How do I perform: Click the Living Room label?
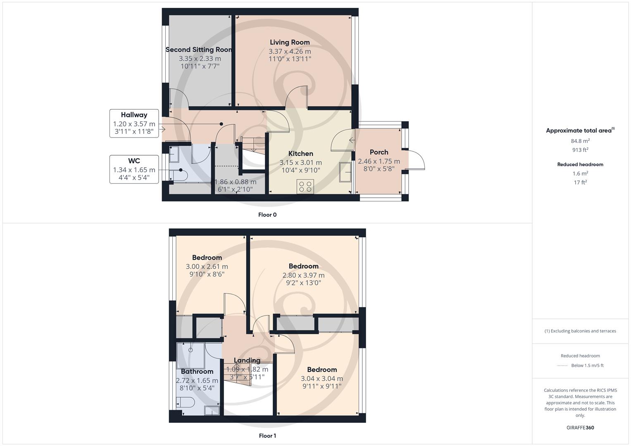(290, 42)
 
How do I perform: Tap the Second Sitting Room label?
(199, 50)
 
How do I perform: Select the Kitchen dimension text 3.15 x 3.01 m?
(300, 162)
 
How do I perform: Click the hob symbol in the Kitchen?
(305, 187)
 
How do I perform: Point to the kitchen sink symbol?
(345, 172)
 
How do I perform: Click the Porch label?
(379, 152)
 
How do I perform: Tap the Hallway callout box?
(134, 123)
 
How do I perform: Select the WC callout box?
(134, 169)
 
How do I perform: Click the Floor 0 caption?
(267, 215)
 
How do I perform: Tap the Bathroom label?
(197, 371)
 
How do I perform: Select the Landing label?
(247, 360)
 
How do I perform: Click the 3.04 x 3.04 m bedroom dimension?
(321, 378)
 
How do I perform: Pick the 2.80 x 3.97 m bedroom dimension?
(303, 275)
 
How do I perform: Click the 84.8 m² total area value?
(580, 141)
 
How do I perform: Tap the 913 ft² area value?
(580, 150)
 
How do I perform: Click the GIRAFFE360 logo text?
(580, 427)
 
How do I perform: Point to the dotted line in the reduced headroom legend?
(562, 365)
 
